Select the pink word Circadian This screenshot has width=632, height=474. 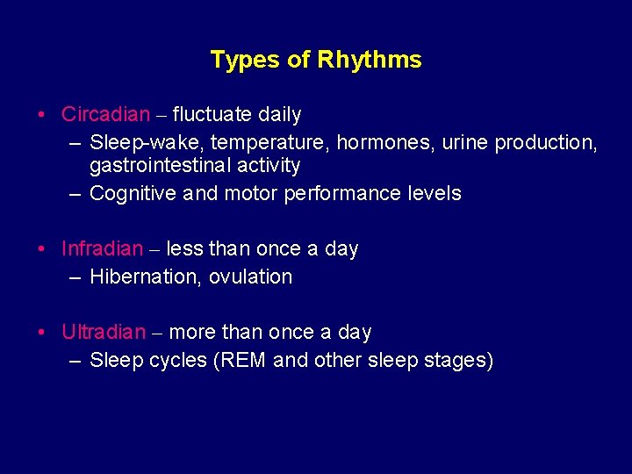(106, 114)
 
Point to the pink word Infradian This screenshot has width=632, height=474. (103, 248)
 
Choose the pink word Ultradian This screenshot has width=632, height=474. (104, 332)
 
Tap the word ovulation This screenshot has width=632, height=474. (252, 276)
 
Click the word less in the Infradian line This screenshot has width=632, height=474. (184, 248)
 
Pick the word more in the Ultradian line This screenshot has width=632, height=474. (190, 332)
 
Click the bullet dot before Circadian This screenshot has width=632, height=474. (42, 115)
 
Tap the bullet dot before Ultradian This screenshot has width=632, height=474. (42, 333)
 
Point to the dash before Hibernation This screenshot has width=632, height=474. (75, 277)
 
